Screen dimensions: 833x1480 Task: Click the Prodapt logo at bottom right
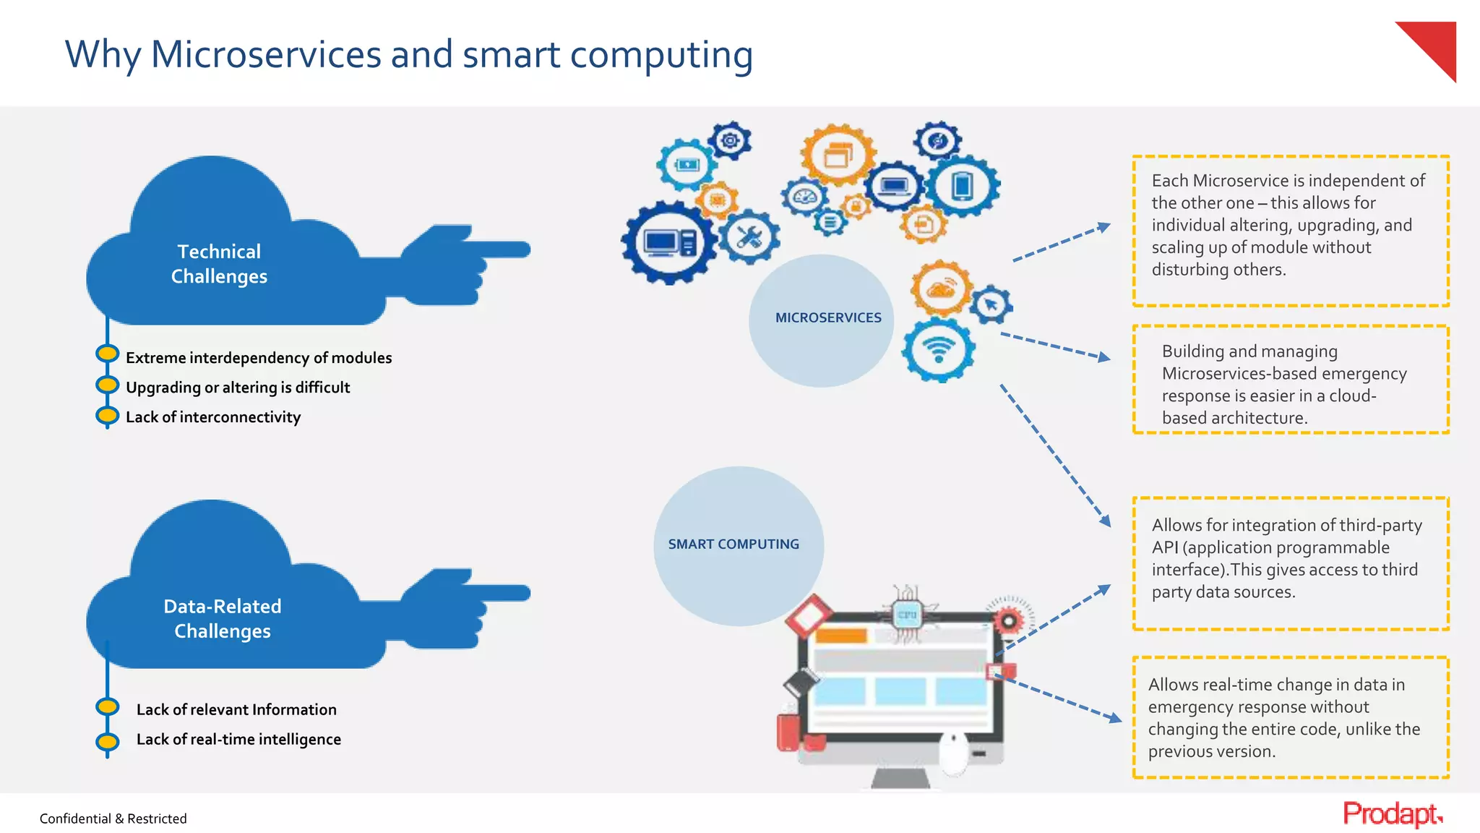point(1392,814)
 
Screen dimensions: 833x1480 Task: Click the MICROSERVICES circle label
point(828,317)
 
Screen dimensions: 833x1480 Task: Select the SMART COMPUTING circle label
point(733,544)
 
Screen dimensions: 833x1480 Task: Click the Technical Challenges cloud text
point(219,264)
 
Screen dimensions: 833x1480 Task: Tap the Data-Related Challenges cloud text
point(223,618)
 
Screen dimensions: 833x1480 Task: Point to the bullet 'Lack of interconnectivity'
point(213,417)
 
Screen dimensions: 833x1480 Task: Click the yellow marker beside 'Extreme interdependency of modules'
point(108,354)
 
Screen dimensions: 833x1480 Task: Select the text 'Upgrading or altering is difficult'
point(238,388)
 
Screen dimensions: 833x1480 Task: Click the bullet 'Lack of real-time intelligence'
point(238,739)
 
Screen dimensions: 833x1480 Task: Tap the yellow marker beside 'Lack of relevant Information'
point(108,706)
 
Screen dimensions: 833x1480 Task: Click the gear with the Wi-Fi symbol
point(939,350)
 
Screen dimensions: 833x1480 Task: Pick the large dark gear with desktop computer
point(669,242)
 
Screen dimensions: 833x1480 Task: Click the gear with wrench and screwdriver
point(750,237)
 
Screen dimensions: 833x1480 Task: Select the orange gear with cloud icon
point(941,289)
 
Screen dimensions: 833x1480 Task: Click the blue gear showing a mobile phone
point(962,186)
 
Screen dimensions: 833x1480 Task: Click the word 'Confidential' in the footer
point(75,819)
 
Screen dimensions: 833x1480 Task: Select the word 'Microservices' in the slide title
point(265,55)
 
